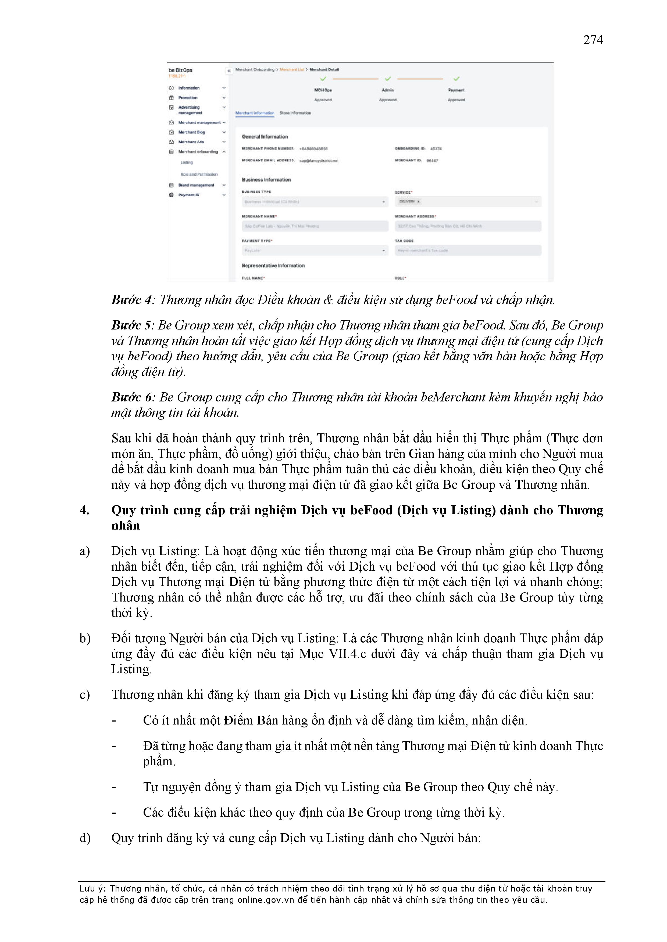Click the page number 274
(x=593, y=40)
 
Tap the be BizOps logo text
(x=180, y=70)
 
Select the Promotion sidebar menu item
(x=187, y=98)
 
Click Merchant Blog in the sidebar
(x=191, y=132)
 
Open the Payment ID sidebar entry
(x=188, y=195)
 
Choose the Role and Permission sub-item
(x=199, y=174)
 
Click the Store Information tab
(x=295, y=113)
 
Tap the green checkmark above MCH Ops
(x=323, y=79)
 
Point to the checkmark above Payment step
(x=456, y=79)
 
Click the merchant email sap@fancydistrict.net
(x=319, y=161)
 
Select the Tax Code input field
(x=468, y=250)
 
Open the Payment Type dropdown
(x=315, y=250)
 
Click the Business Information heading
(x=266, y=180)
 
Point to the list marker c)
(x=85, y=695)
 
